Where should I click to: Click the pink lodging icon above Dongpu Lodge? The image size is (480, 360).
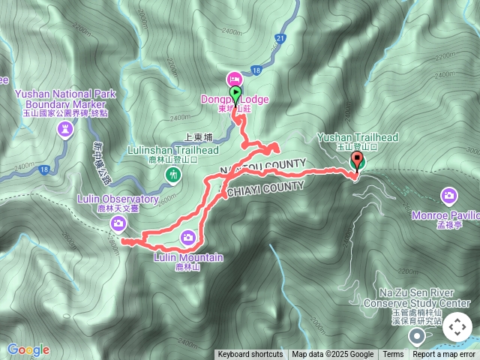(234, 79)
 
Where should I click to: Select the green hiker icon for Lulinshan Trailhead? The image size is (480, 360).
(174, 175)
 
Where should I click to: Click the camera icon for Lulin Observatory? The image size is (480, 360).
(118, 223)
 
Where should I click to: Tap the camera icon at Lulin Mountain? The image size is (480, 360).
(188, 238)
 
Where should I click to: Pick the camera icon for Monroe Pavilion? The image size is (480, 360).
(449, 196)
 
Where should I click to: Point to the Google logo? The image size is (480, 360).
(28, 349)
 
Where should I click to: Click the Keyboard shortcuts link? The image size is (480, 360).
(250, 355)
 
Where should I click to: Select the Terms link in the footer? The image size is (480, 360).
(393, 355)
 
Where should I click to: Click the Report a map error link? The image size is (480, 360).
(444, 355)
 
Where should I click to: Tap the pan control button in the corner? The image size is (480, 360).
(457, 328)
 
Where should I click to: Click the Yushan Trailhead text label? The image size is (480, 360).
(357, 137)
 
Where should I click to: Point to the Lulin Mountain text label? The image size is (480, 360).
(188, 258)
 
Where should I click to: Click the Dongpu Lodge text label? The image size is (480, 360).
(234, 99)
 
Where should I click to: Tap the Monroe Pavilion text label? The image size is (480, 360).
(445, 214)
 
